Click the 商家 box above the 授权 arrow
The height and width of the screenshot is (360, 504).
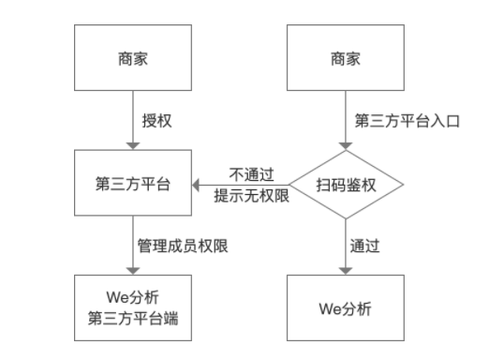[x=134, y=59]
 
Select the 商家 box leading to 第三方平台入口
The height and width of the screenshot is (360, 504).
[x=346, y=59]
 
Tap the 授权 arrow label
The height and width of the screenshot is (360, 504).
[x=156, y=121]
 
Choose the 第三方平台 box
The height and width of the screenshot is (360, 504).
[x=134, y=184]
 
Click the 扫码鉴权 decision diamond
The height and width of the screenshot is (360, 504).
[x=346, y=185]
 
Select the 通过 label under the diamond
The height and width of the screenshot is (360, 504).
[x=364, y=247]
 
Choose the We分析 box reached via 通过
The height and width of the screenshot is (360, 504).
[x=346, y=307]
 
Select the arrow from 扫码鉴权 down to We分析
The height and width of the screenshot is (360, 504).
[x=346, y=246]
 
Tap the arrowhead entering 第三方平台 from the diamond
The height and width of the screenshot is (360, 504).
[x=200, y=185]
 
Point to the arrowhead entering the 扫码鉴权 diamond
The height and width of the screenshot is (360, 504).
[x=346, y=145]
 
